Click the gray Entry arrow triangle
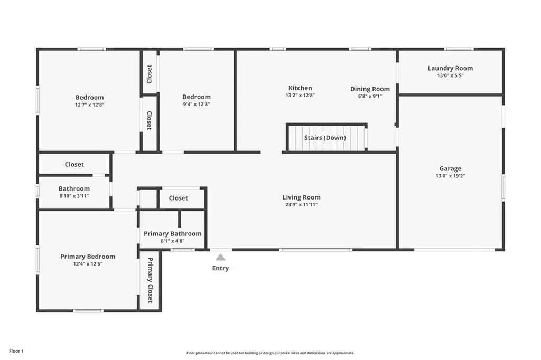click(x=220, y=257)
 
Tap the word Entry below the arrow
click(x=220, y=268)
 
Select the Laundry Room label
click(x=450, y=68)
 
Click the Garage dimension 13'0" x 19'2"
click(x=450, y=176)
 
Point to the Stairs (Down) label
click(x=325, y=138)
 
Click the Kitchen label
click(x=300, y=88)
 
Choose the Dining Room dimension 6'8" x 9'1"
click(x=370, y=96)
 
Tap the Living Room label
click(x=302, y=197)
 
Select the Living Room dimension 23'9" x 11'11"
click(x=302, y=204)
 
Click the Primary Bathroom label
click(x=173, y=234)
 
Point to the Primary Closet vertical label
click(x=150, y=280)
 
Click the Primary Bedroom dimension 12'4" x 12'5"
click(x=88, y=264)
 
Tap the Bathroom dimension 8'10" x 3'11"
click(x=74, y=196)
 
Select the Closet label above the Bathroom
click(x=74, y=165)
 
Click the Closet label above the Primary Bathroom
click(x=179, y=198)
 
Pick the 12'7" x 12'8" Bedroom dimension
click(x=90, y=105)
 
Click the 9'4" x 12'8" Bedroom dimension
click(x=197, y=104)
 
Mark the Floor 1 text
click(x=16, y=351)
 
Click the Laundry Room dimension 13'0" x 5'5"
click(x=450, y=75)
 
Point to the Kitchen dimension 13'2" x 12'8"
click(x=300, y=95)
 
